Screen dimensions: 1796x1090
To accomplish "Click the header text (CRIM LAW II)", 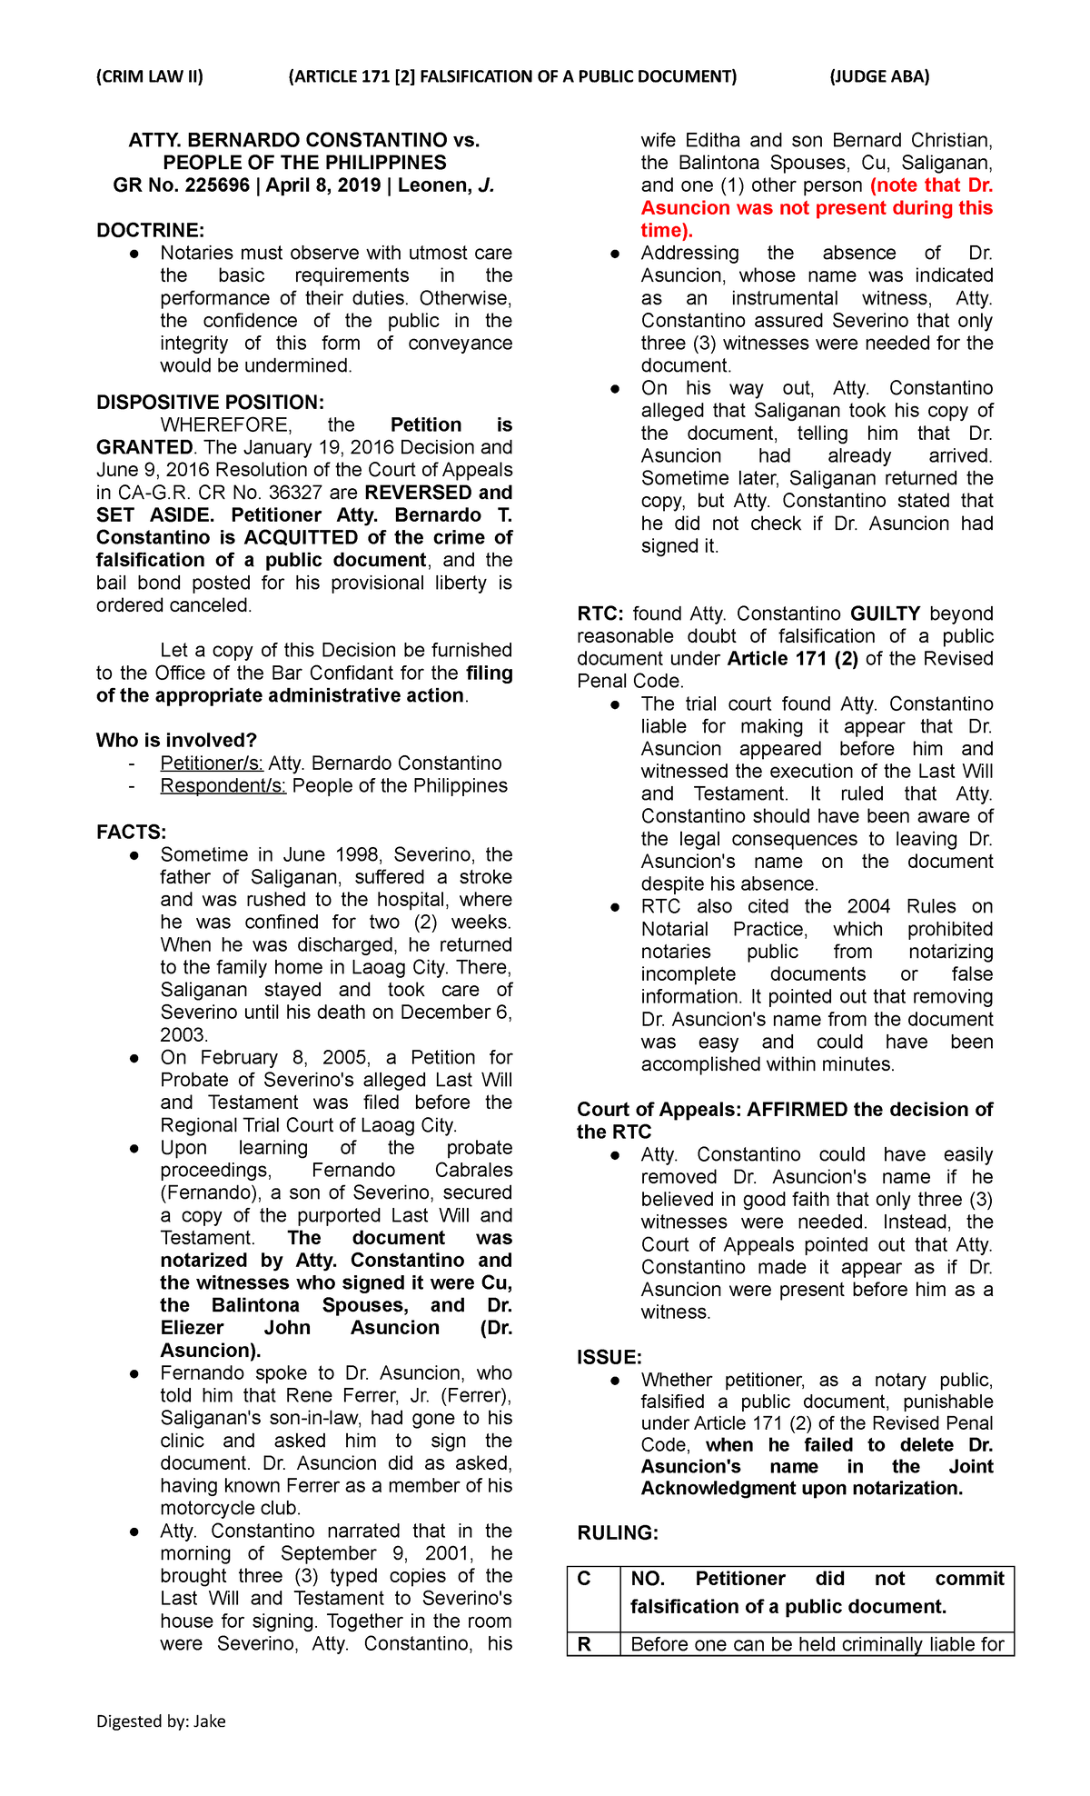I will pos(150,76).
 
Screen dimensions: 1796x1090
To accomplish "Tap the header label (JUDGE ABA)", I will pos(879,76).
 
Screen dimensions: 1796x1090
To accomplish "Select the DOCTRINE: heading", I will pos(151,230).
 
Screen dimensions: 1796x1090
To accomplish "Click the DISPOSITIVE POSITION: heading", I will pos(210,402).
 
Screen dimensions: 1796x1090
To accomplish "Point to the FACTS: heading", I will pos(132,832).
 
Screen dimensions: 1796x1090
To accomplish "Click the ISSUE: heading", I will pos(609,1357).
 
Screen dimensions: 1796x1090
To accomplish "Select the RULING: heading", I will pos(618,1532).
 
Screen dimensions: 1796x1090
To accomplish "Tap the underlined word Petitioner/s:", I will pos(212,763).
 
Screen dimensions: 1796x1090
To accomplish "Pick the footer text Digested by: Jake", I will pos(161,1721).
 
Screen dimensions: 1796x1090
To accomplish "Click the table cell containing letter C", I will pos(584,1579).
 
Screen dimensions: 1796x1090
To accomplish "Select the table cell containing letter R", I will pos(584,1643).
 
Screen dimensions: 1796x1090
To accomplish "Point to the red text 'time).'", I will pos(667,230).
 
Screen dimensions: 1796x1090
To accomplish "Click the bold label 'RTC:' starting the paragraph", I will pos(599,614).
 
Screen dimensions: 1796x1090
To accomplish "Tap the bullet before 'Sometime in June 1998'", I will pos(134,855).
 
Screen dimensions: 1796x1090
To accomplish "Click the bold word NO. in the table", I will pos(648,1579).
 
